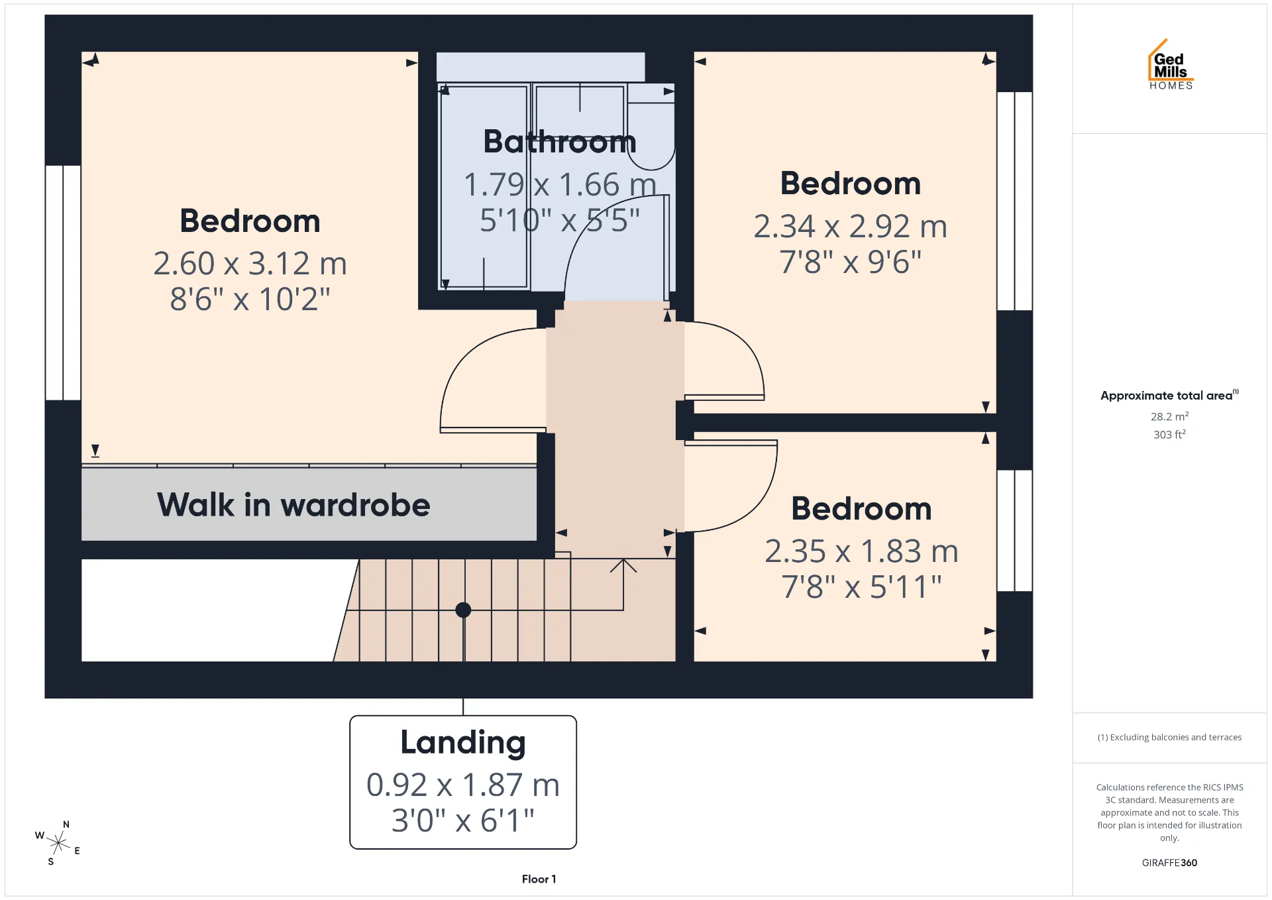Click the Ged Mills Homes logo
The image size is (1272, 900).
click(1171, 64)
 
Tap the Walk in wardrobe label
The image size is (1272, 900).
click(293, 505)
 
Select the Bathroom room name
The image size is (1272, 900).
click(560, 142)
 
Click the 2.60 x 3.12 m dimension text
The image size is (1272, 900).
click(250, 264)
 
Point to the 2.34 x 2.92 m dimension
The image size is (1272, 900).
click(851, 227)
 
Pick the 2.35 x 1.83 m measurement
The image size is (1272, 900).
click(862, 551)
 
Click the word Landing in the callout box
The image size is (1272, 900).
click(463, 743)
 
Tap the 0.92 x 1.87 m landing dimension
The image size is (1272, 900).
click(463, 785)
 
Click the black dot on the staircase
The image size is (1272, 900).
click(463, 610)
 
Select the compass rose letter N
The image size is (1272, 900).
click(66, 824)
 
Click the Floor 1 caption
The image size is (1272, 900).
click(539, 879)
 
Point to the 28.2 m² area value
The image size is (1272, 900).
click(1169, 416)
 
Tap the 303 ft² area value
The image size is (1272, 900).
click(1169, 434)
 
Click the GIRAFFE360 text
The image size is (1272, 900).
click(1169, 863)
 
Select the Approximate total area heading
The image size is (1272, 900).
click(1169, 396)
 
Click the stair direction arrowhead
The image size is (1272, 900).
click(623, 565)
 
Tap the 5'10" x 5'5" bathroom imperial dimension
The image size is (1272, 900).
click(560, 221)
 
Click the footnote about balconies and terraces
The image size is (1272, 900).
click(1169, 738)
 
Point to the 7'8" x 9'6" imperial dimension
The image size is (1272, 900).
click(851, 262)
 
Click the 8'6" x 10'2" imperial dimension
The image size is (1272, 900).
click(250, 300)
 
